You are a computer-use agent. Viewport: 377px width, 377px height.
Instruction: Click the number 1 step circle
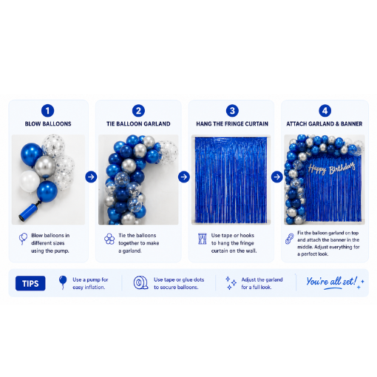47,111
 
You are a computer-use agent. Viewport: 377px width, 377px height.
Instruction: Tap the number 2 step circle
138,111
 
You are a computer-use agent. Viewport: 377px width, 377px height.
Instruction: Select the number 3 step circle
232,111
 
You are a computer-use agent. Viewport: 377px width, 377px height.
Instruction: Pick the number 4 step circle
325,111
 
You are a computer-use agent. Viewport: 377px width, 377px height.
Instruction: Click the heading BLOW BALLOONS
48,123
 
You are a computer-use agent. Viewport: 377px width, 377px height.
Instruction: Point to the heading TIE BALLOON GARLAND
138,123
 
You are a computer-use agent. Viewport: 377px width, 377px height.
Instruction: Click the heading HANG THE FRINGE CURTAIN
232,123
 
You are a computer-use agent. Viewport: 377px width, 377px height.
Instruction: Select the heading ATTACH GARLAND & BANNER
325,123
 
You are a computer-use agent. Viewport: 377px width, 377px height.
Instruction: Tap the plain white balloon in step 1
30,181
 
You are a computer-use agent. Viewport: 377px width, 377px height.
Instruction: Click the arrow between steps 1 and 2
91,177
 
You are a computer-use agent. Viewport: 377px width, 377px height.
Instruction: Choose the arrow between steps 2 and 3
184,177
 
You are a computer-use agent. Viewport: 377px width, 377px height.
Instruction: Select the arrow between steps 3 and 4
277,177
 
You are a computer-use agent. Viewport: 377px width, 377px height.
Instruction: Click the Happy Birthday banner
332,169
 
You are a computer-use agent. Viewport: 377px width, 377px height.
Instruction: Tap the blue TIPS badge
30,283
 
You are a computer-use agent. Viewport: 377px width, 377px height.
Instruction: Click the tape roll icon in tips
140,282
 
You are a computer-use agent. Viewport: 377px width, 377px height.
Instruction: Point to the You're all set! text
332,282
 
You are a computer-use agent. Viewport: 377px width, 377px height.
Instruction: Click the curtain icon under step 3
203,239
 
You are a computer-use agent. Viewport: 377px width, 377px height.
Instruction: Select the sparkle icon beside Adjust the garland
231,283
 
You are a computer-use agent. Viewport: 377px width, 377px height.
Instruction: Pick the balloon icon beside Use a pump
63,282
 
